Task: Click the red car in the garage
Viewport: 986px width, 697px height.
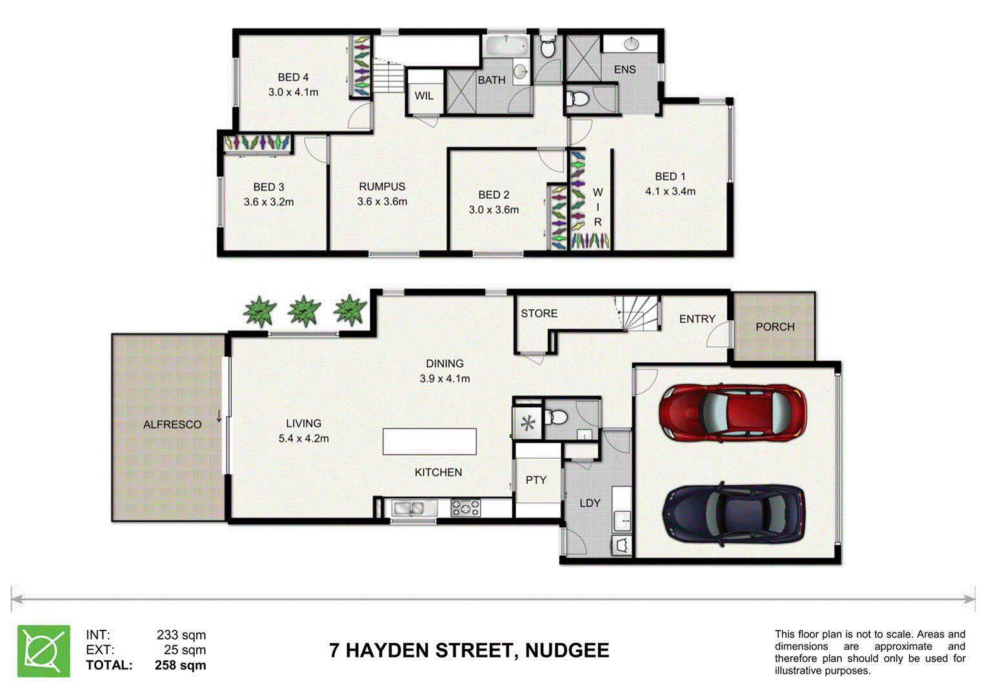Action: pos(732,413)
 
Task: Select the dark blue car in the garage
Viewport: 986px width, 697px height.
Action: pos(734,513)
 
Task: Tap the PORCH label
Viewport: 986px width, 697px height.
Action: pos(774,327)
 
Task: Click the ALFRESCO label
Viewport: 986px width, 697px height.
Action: pos(172,425)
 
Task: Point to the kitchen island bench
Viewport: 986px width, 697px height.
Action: pos(429,442)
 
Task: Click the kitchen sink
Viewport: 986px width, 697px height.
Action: pos(408,509)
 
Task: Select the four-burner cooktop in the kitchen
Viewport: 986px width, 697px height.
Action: pos(465,508)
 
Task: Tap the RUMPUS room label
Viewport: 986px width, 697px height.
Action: pos(382,187)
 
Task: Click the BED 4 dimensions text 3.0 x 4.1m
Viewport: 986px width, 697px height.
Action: pos(293,92)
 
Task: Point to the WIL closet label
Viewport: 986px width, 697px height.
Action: pos(424,96)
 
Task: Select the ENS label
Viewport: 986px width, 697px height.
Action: pos(625,70)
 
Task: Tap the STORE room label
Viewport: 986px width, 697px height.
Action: pos(539,314)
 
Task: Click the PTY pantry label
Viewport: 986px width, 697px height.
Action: pos(536,480)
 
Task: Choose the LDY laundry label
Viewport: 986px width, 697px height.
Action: pos(590,503)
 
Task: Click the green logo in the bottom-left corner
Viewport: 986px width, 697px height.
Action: pos(44,651)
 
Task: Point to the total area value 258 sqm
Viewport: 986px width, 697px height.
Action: pos(180,665)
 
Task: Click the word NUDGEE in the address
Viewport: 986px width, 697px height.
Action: pos(567,651)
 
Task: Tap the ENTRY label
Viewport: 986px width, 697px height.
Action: pos(697,319)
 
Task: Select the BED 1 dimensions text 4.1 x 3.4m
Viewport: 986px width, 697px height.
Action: pos(670,192)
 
